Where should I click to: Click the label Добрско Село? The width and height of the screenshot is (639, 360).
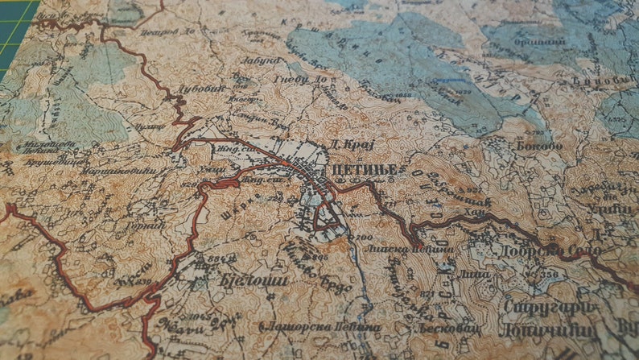coord(563,250)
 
